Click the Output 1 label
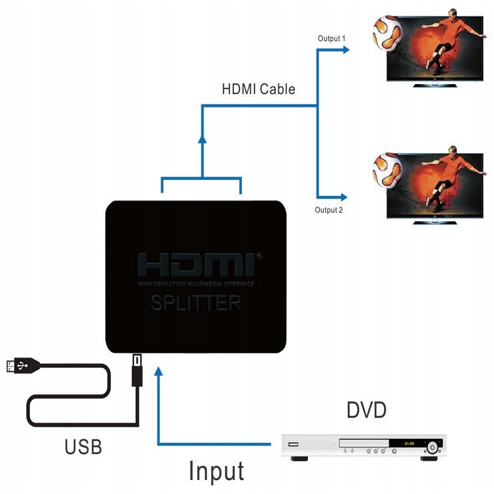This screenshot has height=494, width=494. tap(331, 38)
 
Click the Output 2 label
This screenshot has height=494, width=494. tap(329, 210)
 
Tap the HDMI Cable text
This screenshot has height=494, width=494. tap(259, 89)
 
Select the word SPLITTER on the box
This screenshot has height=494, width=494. tap(196, 303)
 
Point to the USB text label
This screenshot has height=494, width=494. tap(83, 446)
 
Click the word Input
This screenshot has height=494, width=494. tap(216, 471)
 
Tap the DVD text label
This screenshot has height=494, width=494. tap(366, 410)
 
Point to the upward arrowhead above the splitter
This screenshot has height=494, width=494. tap(201, 139)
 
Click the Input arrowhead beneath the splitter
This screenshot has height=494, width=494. tap(158, 371)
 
